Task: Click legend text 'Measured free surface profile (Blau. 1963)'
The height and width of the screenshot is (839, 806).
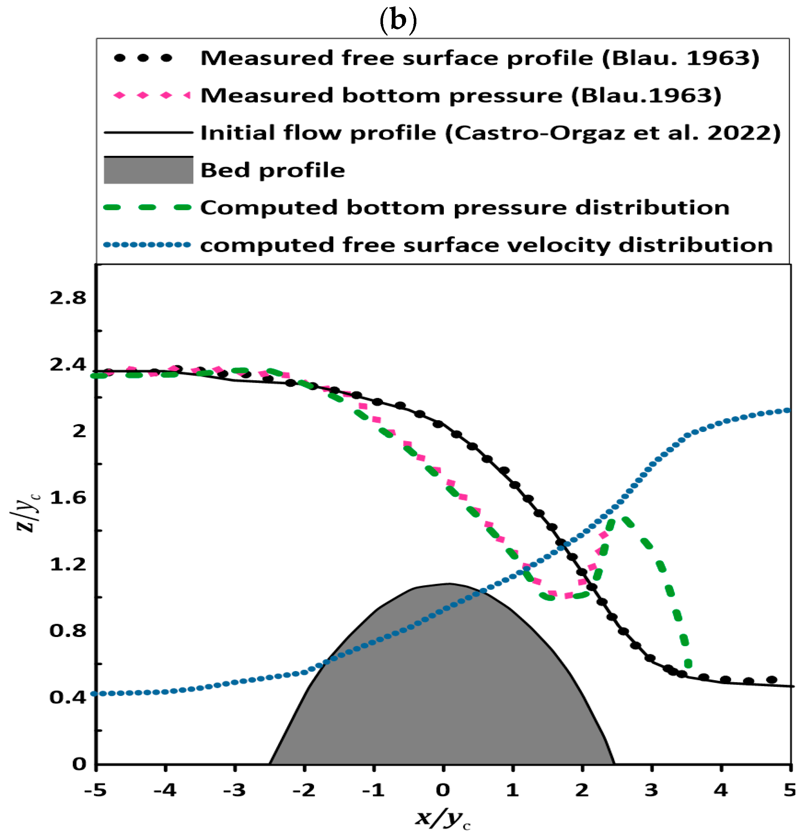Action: coord(479,58)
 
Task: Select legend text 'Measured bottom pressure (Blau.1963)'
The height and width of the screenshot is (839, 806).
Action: coord(461,95)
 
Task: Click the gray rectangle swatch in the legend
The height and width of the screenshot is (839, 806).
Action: coord(148,171)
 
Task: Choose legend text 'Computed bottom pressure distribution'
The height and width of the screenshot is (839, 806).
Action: coord(465,208)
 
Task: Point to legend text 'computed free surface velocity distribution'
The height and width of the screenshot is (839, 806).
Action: coord(486,245)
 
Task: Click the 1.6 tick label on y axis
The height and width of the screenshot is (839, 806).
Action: coord(68,498)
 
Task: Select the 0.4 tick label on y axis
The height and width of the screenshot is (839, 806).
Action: coord(68,698)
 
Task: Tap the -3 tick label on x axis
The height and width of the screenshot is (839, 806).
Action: coord(234,790)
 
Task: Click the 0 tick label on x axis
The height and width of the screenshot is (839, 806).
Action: coord(443,790)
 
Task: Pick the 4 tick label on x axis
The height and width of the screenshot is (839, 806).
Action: coord(721,790)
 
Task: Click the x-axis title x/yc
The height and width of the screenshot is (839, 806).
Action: coord(443,818)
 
